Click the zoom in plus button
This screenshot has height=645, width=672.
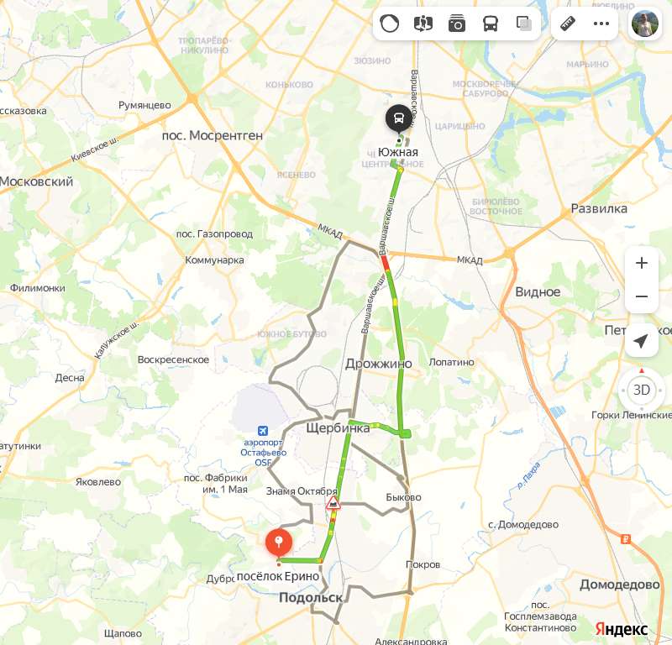pyautogui.click(x=642, y=263)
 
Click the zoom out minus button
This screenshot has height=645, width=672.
pyautogui.click(x=642, y=296)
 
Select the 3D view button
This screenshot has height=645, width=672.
pyautogui.click(x=642, y=390)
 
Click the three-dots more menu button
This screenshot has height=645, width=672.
pyautogui.click(x=601, y=24)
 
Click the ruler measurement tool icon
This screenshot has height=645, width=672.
pyautogui.click(x=568, y=24)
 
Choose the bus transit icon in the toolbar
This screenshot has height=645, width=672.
pyautogui.click(x=491, y=24)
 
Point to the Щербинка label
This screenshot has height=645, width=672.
pyautogui.click(x=338, y=428)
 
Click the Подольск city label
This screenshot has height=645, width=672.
pyautogui.click(x=311, y=597)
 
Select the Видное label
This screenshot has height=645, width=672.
pyautogui.click(x=538, y=291)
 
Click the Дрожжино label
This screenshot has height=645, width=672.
pyautogui.click(x=379, y=364)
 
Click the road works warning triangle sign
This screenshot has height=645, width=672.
pyautogui.click(x=333, y=504)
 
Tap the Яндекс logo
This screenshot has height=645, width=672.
pyautogui.click(x=622, y=628)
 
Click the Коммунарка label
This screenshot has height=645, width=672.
pyautogui.click(x=214, y=260)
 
